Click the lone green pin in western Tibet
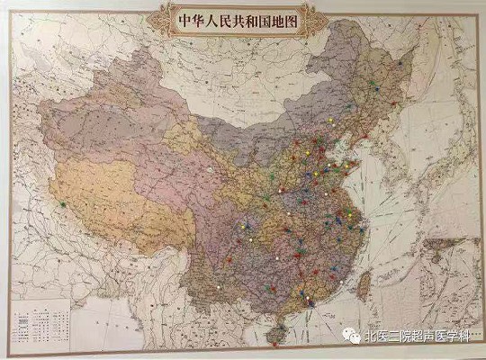coord(62,205)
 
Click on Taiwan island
coord(364,283)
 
